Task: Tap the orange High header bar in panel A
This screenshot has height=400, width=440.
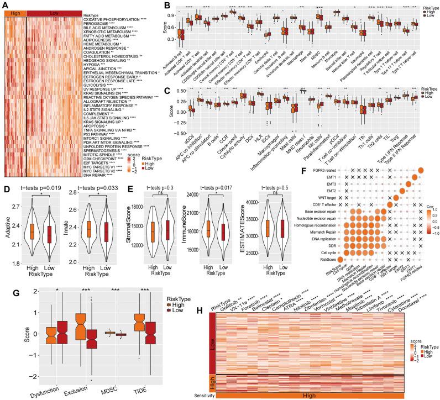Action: pos(14,13)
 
